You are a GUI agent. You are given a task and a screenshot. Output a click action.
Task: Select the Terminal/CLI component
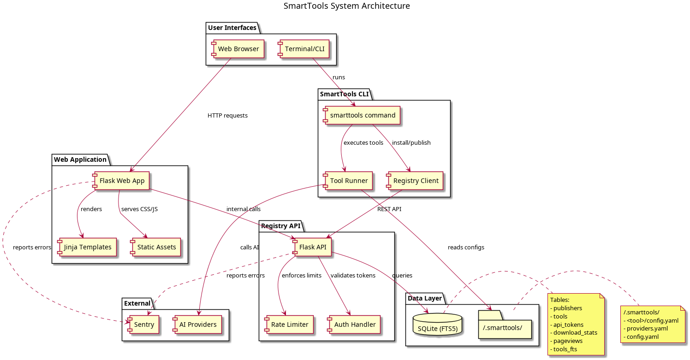[x=304, y=49]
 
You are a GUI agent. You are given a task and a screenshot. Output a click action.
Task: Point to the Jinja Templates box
[x=87, y=247]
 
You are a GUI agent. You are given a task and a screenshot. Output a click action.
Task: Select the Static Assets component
[x=156, y=247]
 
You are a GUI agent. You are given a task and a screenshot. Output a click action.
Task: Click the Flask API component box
[x=312, y=247]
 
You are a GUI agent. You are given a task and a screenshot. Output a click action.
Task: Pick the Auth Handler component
[x=354, y=325]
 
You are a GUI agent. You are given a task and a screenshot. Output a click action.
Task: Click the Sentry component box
[x=143, y=325]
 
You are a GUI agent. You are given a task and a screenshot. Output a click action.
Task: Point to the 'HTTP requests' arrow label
[x=227, y=116]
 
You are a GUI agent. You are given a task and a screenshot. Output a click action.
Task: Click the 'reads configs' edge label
[x=466, y=248]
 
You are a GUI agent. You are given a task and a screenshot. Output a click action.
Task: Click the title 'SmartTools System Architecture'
[x=346, y=6]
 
